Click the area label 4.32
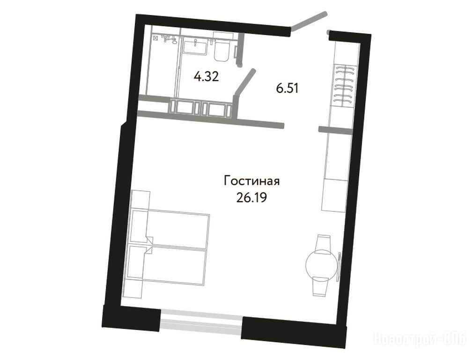pyautogui.click(x=207, y=77)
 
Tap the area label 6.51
pyautogui.click(x=287, y=89)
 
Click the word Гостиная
pyautogui.click(x=252, y=181)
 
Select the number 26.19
pyautogui.click(x=252, y=198)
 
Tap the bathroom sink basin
pyautogui.click(x=195, y=47)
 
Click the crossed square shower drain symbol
pyautogui.click(x=155, y=38)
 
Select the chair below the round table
pyautogui.click(x=321, y=286)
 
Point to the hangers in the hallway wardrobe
pyautogui.click(x=344, y=85)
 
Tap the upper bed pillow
pyautogui.click(x=139, y=225)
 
